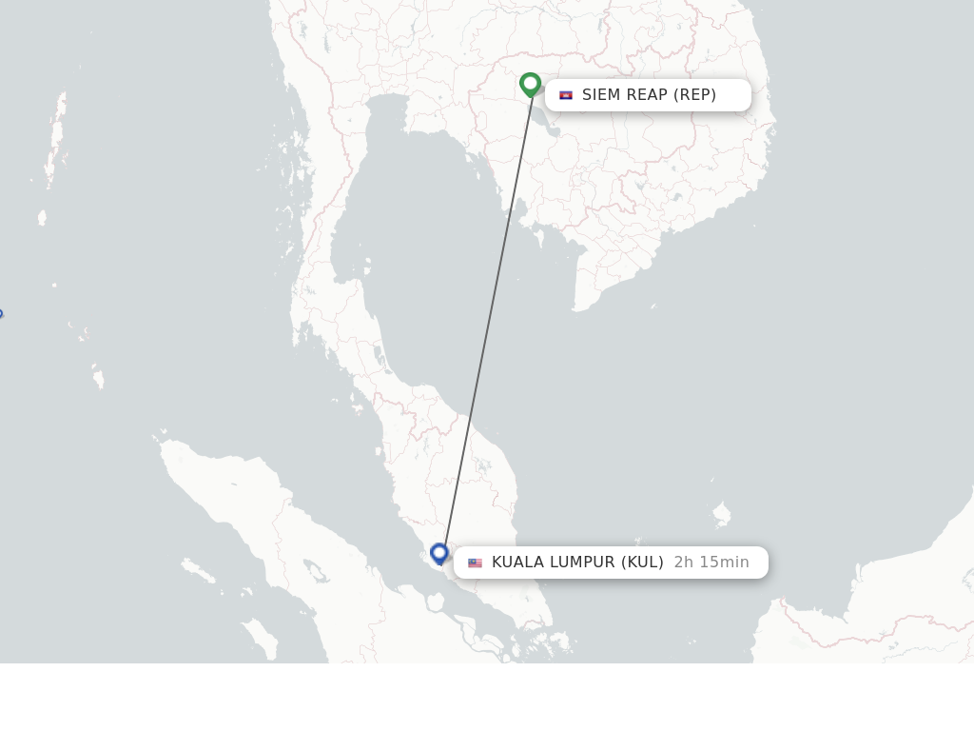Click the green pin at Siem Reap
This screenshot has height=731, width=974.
pyautogui.click(x=531, y=84)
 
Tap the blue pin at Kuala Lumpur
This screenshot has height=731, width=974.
pyautogui.click(x=439, y=552)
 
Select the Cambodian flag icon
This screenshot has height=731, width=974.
pyautogui.click(x=566, y=95)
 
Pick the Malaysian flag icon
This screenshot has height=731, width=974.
pyautogui.click(x=475, y=563)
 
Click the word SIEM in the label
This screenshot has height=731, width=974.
pyautogui.click(x=601, y=95)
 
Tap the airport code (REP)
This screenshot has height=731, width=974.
pyautogui.click(x=695, y=95)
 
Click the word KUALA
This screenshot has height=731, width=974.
pyautogui.click(x=517, y=563)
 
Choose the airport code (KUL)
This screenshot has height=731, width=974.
pyautogui.click(x=643, y=563)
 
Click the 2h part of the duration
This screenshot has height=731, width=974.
pyautogui.click(x=684, y=563)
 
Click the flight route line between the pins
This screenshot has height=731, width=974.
pyautogui.click(x=486, y=324)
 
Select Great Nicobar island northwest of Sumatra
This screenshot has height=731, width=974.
pyautogui.click(x=98, y=380)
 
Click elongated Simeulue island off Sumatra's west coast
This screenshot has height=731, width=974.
pyautogui.click(x=199, y=571)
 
